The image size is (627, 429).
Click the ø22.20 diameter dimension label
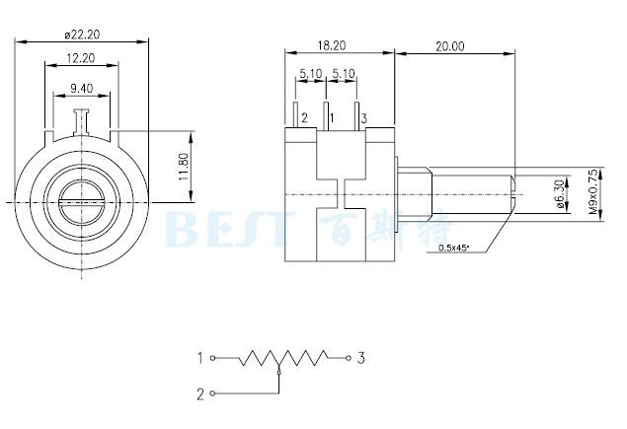pos(82,35)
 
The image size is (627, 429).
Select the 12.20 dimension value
pos(81,58)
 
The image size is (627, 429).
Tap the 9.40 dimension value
pos(82,89)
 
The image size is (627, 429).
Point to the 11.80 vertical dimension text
pos(184,167)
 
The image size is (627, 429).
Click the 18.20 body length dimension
pos(332,45)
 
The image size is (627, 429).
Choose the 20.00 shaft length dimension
pos(450,46)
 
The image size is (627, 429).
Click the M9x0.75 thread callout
pos(594,191)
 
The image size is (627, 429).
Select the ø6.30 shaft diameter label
pos(561,194)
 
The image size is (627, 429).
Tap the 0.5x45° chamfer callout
pos(453,248)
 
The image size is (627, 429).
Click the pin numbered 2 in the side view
pos(295,115)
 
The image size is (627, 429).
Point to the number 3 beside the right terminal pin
pos(364,118)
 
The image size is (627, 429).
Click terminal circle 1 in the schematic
pos(212,358)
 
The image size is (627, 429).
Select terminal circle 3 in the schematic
pos(349,358)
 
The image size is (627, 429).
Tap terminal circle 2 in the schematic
pos(212,393)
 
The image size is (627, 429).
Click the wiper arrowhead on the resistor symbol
pos(278,371)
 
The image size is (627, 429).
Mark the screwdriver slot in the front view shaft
pos(82,202)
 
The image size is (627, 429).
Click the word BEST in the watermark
pos(229,229)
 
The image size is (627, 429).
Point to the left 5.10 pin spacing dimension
pos(311,74)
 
